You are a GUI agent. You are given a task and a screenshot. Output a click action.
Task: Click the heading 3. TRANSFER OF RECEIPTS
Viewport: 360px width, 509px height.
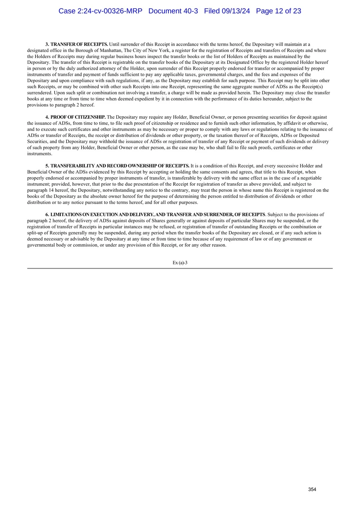click(77, 44)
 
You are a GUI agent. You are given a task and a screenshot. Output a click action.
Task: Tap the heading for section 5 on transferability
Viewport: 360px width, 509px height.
click(117, 166)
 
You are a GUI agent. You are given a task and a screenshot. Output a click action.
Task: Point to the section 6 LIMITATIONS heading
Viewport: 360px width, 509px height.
click(155, 215)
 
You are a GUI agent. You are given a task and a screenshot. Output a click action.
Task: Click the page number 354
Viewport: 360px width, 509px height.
click(312, 490)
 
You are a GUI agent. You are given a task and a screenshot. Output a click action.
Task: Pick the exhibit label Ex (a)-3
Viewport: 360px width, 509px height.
click(180, 263)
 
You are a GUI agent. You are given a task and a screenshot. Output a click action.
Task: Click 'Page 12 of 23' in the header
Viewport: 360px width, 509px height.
click(278, 11)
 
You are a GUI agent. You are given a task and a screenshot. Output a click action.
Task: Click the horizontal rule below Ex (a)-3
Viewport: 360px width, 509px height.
click(180, 268)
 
